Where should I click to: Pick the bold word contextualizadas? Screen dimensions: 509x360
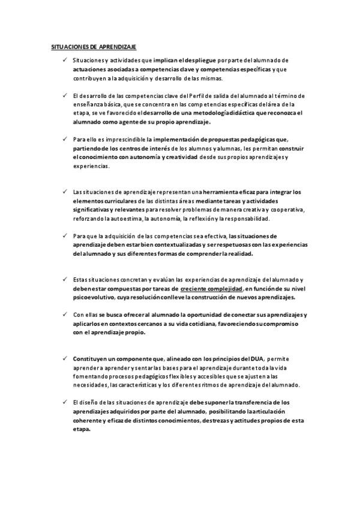(x=184, y=244)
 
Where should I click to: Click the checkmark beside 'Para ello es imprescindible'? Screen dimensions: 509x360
(x=64, y=139)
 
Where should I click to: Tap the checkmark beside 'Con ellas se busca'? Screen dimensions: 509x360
(x=64, y=315)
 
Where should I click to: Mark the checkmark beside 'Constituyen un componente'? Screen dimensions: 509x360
(x=64, y=358)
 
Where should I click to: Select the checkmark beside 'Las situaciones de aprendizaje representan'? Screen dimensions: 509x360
(x=64, y=191)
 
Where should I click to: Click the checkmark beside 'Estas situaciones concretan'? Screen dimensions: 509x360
(x=64, y=280)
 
